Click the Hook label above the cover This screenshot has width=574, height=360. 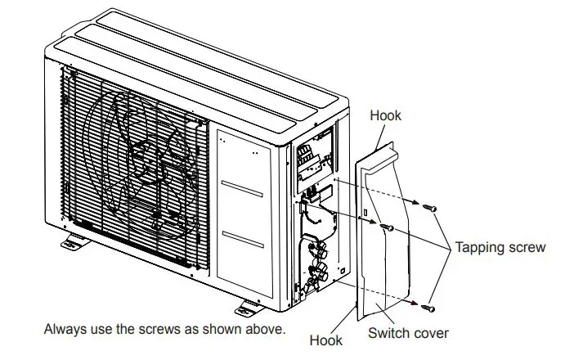point(385,115)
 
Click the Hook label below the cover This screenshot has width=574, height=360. point(326,339)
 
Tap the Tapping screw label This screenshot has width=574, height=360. point(500,247)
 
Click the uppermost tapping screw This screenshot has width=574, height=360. point(430,208)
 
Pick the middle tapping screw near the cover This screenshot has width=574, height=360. point(388,225)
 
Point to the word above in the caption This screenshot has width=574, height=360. point(266,330)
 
